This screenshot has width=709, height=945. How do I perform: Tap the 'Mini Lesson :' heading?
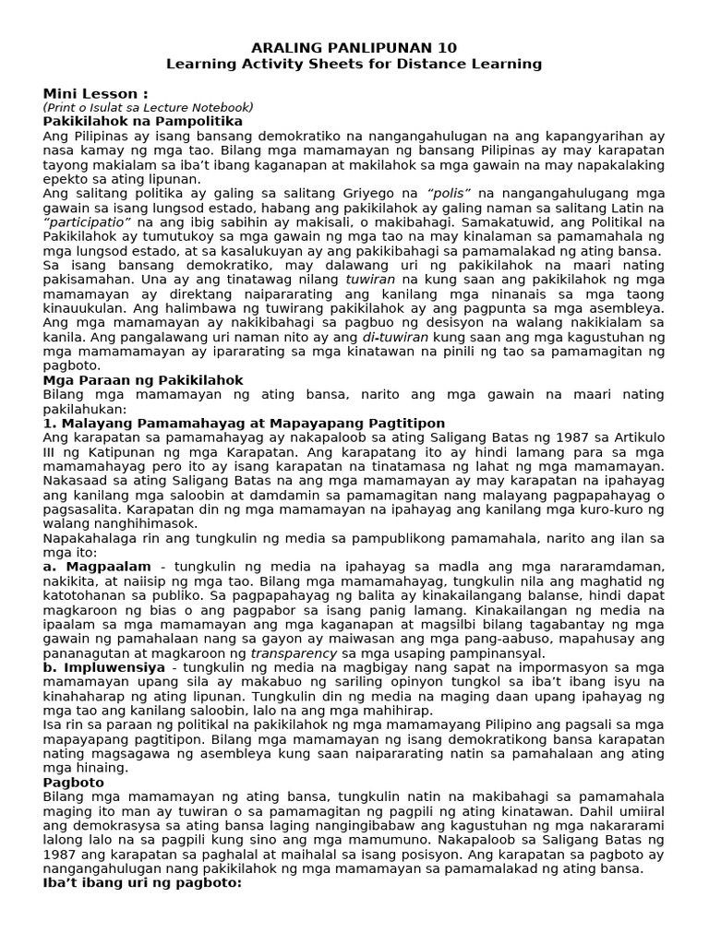coord(96,93)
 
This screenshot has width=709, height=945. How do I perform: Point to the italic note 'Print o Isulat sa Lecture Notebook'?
coord(148,107)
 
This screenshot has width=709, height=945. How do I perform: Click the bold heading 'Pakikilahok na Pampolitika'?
coord(143,121)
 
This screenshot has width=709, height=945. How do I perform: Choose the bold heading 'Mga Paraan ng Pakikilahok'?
coord(143,379)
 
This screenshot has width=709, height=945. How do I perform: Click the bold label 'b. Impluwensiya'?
coord(104,666)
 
